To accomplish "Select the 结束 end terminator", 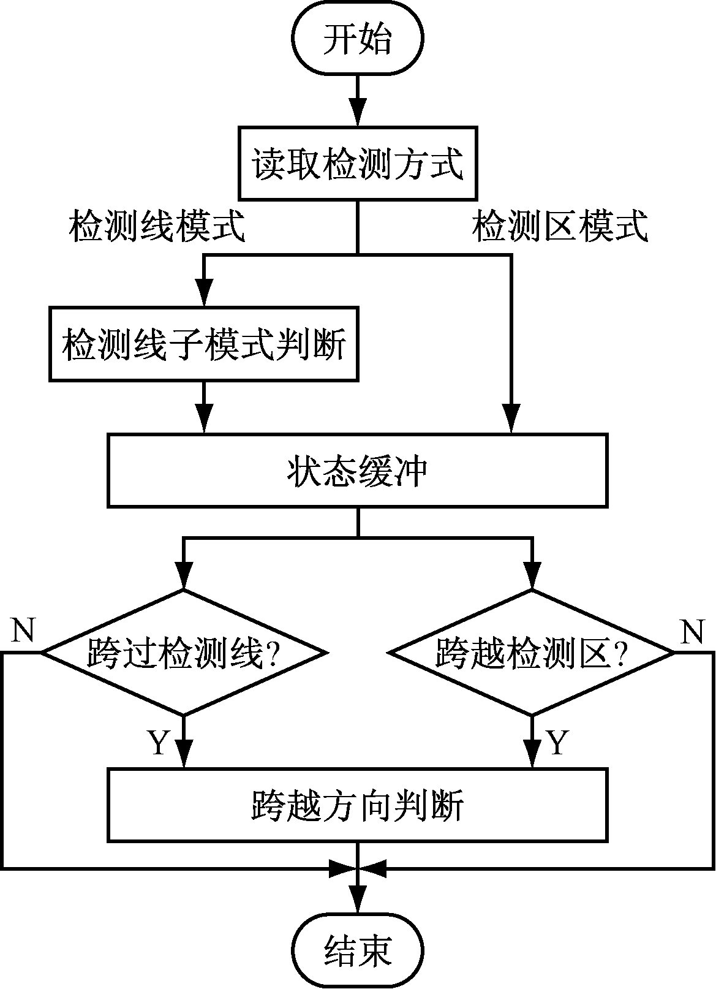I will [x=358, y=952].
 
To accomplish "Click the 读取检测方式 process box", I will [x=358, y=164].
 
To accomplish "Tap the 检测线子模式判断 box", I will [x=204, y=344].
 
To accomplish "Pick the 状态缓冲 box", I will [x=358, y=471].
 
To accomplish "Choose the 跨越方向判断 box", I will [x=358, y=804].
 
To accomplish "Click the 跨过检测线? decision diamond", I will [x=183, y=653].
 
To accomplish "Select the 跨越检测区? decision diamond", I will [x=532, y=653].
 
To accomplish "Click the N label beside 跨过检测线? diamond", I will [x=23, y=629].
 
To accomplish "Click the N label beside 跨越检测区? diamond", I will [x=692, y=631].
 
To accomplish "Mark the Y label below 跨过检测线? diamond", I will [x=157, y=742].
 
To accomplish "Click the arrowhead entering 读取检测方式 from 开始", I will [x=358, y=115].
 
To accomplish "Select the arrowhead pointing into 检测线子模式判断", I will [x=204, y=294].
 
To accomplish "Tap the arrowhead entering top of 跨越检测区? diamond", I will [x=532, y=576].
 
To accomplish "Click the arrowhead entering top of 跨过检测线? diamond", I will [x=183, y=576].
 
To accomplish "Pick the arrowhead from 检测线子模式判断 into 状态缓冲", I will [x=204, y=420].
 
